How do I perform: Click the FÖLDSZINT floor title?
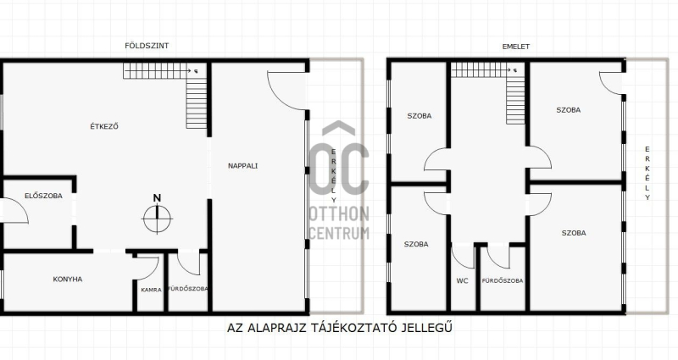click(x=147, y=46)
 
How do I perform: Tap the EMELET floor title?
click(x=516, y=47)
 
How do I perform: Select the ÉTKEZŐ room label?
click(x=104, y=126)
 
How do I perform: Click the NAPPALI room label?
click(x=242, y=165)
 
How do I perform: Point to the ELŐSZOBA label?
click(x=43, y=196)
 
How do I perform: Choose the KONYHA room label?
click(x=68, y=280)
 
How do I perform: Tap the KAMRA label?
click(x=152, y=290)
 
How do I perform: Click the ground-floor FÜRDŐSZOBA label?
click(x=188, y=289)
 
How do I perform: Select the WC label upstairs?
click(x=462, y=281)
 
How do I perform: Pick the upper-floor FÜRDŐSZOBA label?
click(x=503, y=281)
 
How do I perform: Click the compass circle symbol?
click(x=158, y=219)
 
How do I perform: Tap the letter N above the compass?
click(x=157, y=198)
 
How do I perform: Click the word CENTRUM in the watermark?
click(x=340, y=233)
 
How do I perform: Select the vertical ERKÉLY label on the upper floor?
click(x=647, y=174)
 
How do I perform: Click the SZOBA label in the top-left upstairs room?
click(x=420, y=116)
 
